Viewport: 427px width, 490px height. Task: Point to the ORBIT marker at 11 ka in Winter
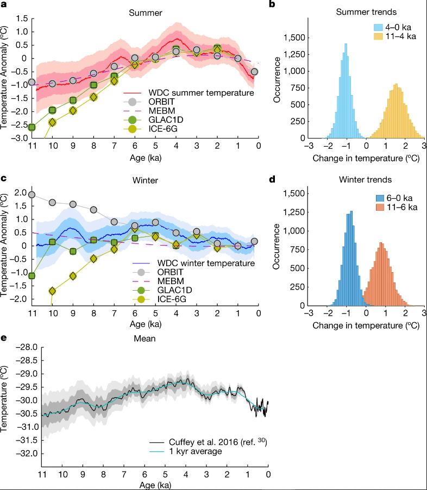pos(32,194)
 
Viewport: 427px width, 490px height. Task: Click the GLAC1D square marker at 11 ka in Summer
pos(32,127)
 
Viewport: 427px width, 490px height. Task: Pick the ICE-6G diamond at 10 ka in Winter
pos(53,291)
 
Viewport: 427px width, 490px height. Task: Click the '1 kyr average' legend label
pos(196,451)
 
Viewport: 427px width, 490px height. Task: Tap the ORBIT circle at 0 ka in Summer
pos(254,72)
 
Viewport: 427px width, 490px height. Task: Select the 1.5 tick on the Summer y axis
pos(22,18)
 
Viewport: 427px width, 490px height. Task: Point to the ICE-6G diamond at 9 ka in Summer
pos(73,111)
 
